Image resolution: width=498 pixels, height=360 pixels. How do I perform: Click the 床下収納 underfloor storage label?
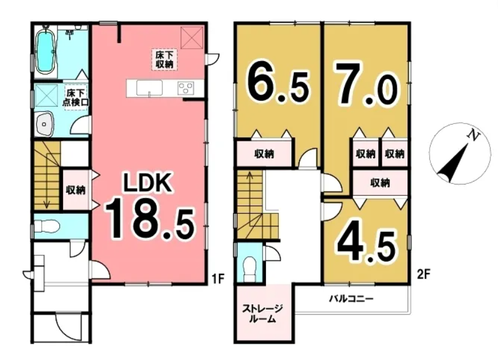164,59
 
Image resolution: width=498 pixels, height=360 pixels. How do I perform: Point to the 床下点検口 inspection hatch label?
76,98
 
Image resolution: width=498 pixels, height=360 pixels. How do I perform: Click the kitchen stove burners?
186,87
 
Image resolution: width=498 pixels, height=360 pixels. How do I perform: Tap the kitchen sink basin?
150,87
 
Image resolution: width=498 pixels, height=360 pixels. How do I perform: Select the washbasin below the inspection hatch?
44,125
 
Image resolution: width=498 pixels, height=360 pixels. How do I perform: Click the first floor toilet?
47,226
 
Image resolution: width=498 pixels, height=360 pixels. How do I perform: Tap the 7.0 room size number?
364,84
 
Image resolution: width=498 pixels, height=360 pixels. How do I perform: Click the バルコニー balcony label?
351,299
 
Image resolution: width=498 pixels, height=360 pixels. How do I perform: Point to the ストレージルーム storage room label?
262,314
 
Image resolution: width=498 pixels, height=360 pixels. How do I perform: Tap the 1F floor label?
219,279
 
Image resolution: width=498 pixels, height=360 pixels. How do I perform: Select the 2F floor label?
423,274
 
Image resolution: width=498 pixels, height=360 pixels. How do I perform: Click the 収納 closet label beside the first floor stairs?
76,190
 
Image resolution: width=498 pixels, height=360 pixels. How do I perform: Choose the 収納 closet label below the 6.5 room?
264,155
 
